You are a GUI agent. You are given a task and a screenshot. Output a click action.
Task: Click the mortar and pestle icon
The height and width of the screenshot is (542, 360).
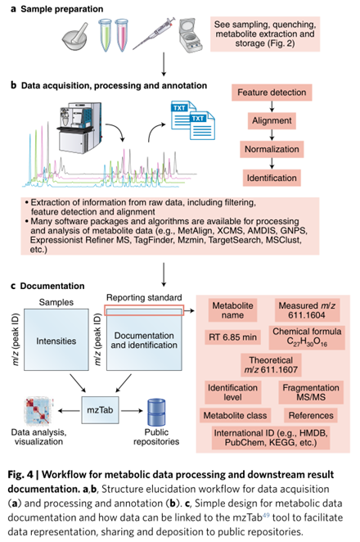pyautogui.click(x=75, y=37)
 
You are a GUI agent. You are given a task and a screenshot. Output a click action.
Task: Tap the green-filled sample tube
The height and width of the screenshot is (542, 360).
pyautogui.click(x=105, y=35)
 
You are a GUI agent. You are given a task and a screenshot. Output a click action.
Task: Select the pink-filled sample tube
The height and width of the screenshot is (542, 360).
pyautogui.click(x=121, y=35)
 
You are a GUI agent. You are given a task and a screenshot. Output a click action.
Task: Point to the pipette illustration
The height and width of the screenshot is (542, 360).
pyautogui.click(x=153, y=34)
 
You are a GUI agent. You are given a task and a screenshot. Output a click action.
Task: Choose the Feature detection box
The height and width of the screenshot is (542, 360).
pyautogui.click(x=272, y=93)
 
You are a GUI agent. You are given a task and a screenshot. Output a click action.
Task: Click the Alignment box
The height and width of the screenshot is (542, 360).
pyautogui.click(x=272, y=121)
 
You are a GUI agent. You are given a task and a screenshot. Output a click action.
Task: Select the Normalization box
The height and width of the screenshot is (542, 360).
pyautogui.click(x=272, y=149)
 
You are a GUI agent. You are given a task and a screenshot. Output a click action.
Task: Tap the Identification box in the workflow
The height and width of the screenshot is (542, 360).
pyautogui.click(x=272, y=178)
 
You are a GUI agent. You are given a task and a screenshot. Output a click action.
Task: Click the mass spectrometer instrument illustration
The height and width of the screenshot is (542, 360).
pyautogui.click(x=80, y=127)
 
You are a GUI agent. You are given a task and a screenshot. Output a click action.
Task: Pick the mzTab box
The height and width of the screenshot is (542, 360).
pyautogui.click(x=100, y=410)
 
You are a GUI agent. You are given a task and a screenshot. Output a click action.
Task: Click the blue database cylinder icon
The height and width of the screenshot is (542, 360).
pyautogui.click(x=156, y=413)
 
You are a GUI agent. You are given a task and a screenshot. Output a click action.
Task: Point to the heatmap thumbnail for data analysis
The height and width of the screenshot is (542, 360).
pyautogui.click(x=38, y=411)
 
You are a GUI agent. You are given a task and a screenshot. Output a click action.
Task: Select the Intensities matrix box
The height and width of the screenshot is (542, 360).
pyautogui.click(x=56, y=340)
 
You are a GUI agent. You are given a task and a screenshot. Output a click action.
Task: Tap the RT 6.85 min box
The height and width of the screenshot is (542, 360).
pyautogui.click(x=233, y=337)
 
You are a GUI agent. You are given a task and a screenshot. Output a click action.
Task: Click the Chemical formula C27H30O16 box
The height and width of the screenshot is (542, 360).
pyautogui.click(x=307, y=337)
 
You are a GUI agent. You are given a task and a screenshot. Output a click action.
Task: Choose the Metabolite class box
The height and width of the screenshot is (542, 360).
pyautogui.click(x=236, y=415)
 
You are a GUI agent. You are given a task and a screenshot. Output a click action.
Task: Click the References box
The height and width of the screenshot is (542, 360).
pyautogui.click(x=311, y=415)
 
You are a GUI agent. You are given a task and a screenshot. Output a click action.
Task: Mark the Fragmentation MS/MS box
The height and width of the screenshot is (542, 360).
pyautogui.click(x=311, y=392)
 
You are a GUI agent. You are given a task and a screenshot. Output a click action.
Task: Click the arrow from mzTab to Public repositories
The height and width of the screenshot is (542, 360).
pyautogui.click(x=132, y=411)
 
